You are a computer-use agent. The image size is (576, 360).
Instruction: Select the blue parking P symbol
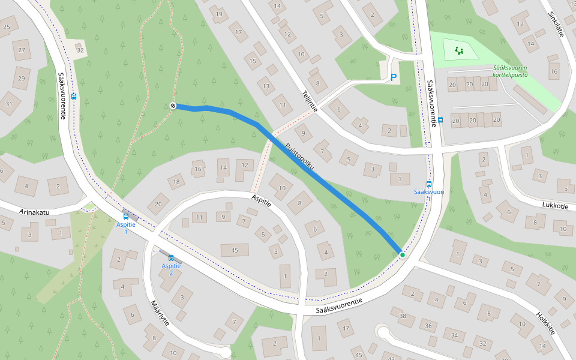[x=394, y=77]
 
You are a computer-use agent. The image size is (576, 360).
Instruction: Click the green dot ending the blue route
[x=402, y=255]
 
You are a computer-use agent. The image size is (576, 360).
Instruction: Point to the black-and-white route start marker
[x=173, y=106]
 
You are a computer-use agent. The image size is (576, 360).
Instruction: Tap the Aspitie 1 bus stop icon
[x=126, y=216]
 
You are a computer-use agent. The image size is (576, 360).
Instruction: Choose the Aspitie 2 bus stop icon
[x=171, y=258]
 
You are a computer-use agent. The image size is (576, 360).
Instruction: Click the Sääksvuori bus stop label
[x=429, y=192]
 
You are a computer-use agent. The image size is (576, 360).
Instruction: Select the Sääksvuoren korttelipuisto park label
[x=510, y=71]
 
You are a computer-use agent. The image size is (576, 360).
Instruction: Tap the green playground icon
[x=460, y=50]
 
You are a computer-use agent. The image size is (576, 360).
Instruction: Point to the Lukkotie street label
[x=554, y=205]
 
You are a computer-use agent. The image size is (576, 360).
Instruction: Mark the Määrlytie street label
[x=160, y=313]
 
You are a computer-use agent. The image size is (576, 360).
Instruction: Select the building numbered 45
[x=235, y=250]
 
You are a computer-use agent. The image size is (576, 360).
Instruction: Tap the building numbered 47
[x=344, y=328]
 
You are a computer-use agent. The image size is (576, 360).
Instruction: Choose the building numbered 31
[x=9, y=104]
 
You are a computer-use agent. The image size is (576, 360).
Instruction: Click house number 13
[x=266, y=86]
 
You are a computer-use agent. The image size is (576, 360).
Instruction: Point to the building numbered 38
[x=403, y=316]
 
